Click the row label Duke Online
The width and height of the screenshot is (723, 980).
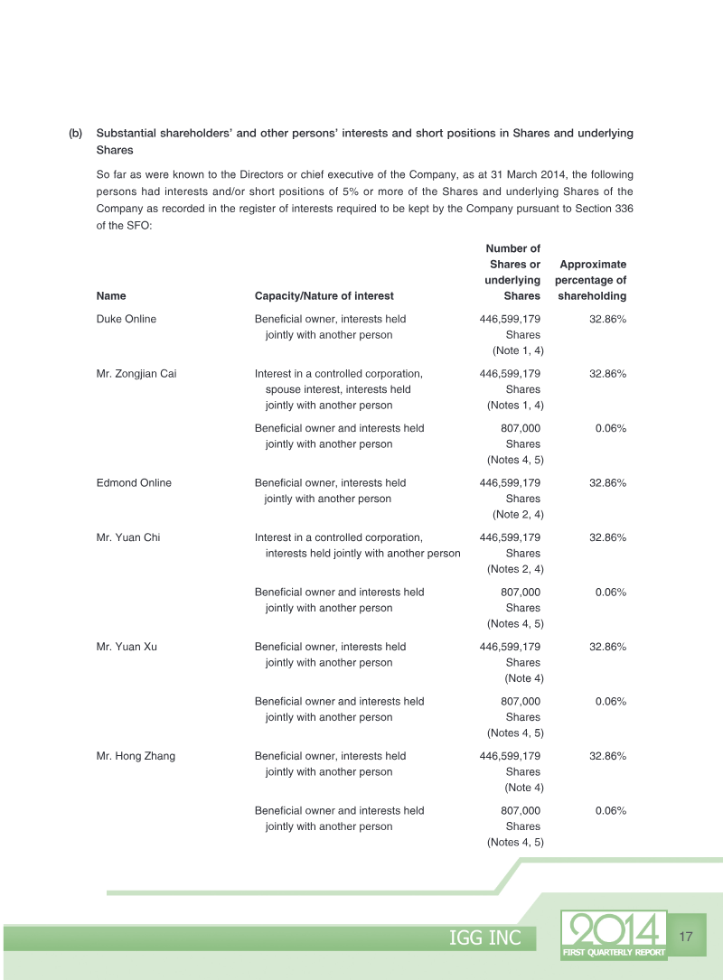coord(126,319)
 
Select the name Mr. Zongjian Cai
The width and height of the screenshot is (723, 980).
coord(136,373)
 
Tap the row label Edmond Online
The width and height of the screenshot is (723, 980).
coord(134,482)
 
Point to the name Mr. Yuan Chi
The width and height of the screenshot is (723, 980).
coord(127,537)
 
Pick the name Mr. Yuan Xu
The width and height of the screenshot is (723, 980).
coord(127,647)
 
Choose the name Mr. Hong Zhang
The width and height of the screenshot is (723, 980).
coord(136,756)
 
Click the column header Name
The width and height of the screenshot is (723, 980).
coord(111,295)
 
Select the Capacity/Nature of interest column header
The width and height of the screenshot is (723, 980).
coord(324,295)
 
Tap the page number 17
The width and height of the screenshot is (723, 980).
coord(685,937)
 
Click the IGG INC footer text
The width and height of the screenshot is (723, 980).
coord(485,938)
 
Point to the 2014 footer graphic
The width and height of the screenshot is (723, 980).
coord(614,929)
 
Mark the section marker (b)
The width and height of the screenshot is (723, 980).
coord(75,133)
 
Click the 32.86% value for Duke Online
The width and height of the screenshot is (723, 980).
coord(607,319)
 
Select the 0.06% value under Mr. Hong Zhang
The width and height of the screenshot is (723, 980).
coord(611,810)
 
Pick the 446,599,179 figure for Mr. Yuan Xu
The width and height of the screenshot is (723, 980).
coord(510,647)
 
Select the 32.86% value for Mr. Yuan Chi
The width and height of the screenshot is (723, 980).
coord(607,537)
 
